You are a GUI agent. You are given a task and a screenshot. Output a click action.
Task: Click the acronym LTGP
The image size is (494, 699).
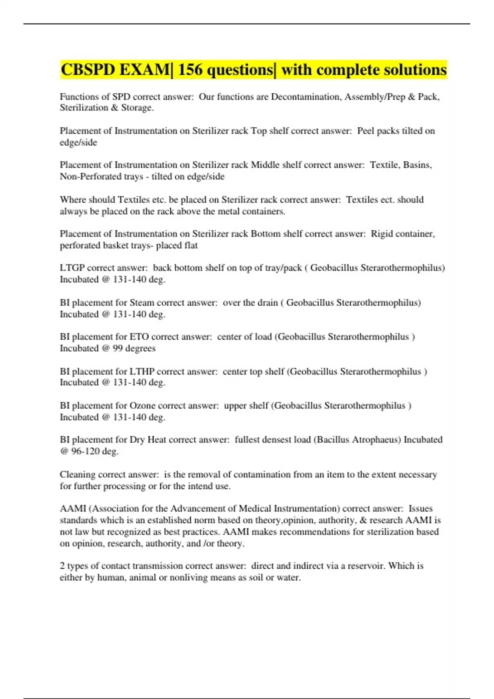tap(72, 268)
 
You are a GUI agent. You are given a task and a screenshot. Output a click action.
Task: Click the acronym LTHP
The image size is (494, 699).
tap(142, 372)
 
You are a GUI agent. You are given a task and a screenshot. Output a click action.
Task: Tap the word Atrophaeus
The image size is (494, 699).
tap(376, 440)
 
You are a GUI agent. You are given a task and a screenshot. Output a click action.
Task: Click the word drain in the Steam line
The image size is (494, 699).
tap(268, 303)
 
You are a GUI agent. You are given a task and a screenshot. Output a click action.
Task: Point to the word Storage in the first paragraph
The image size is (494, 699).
tap(136, 108)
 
